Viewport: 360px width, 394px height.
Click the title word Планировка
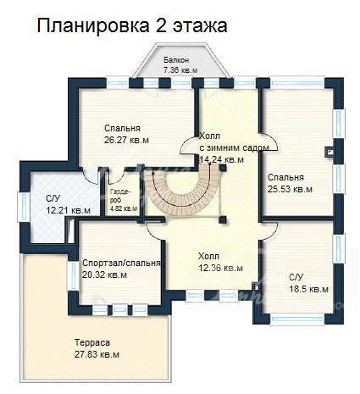93,26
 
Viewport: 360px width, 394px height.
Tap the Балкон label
176,60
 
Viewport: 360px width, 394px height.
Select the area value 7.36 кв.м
180,70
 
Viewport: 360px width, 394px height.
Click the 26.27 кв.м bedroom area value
126,140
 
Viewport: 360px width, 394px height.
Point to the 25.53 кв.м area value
290,189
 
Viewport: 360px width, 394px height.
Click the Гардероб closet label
120,196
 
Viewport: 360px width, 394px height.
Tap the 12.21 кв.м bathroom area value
68,210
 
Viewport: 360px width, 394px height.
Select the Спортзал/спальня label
121,264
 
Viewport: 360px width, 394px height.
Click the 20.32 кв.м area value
104,275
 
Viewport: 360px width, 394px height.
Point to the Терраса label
92,343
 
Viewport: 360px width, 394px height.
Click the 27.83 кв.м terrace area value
97,354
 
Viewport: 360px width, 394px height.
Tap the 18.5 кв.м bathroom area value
308,289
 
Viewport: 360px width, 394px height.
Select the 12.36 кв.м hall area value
220,268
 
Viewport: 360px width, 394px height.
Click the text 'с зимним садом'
234,147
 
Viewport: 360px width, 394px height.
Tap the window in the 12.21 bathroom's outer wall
24,207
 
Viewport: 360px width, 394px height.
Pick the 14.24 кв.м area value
222,159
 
